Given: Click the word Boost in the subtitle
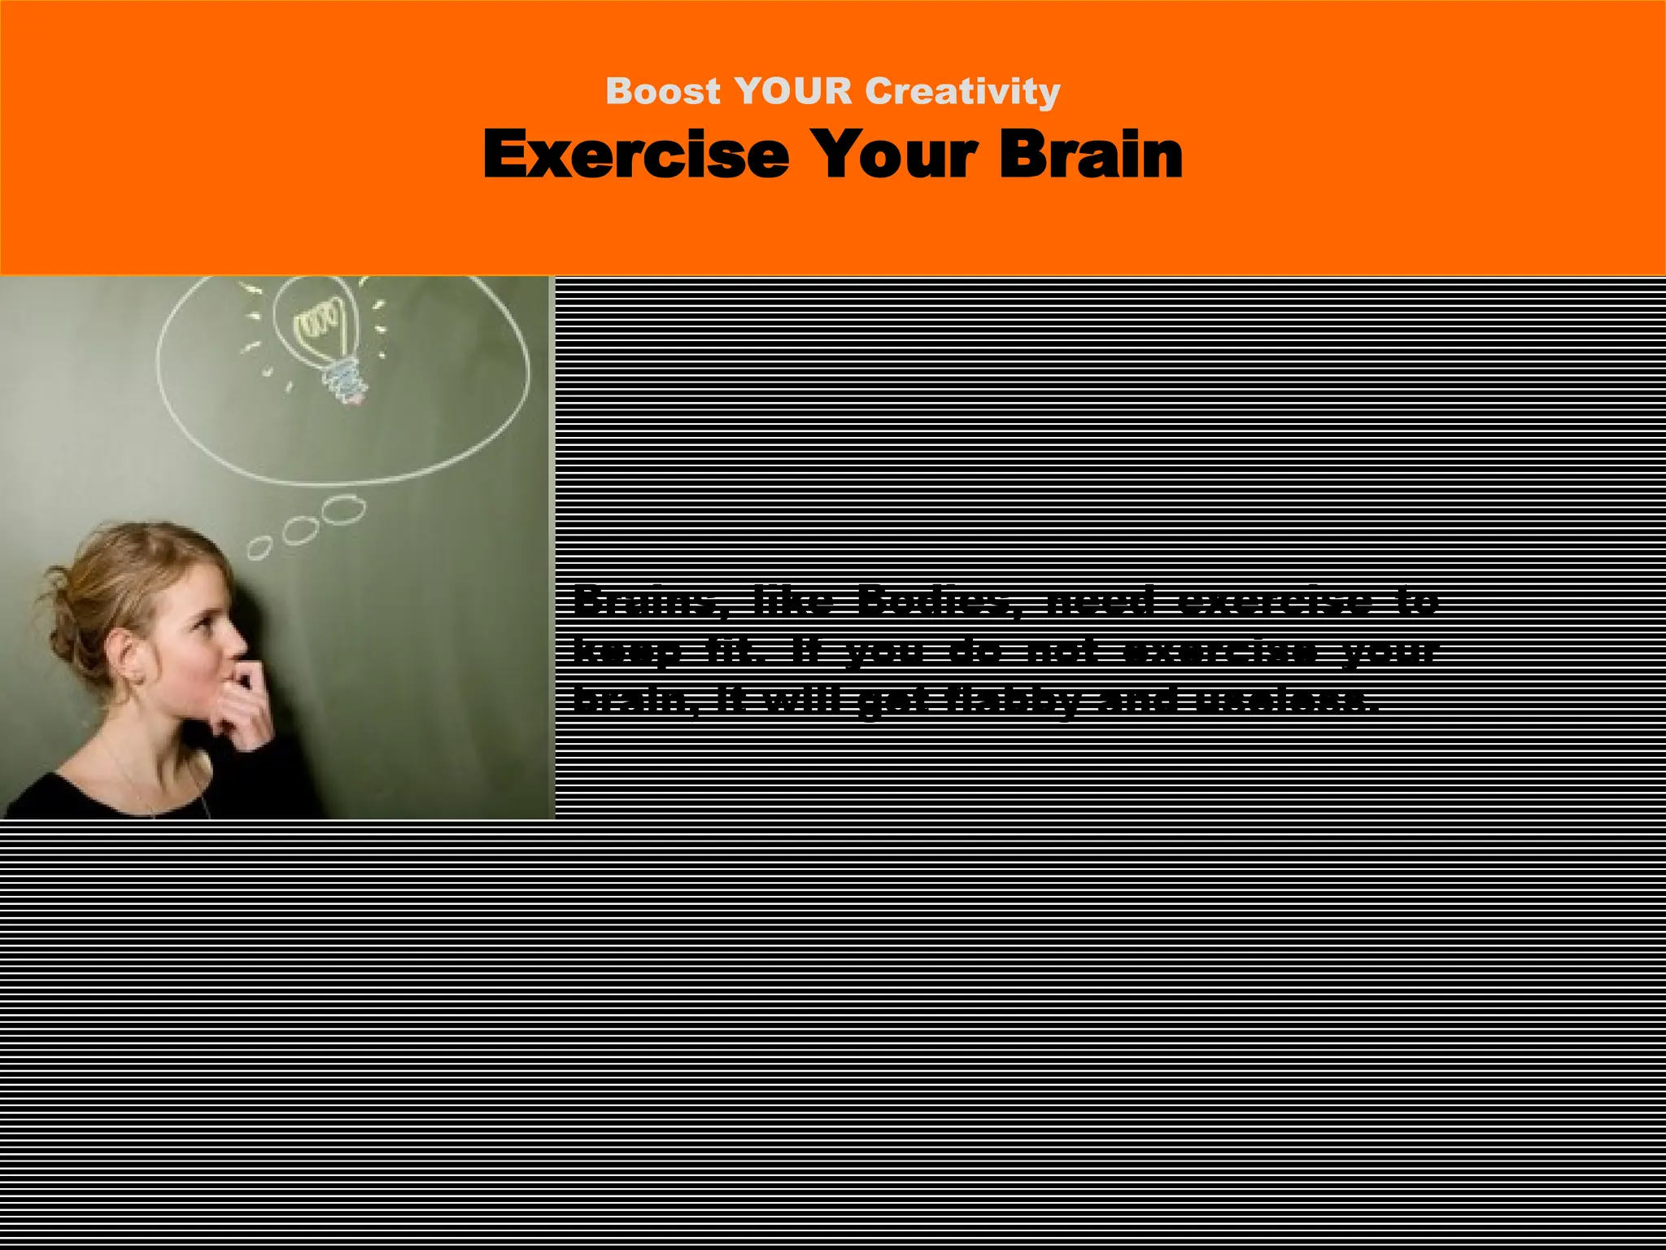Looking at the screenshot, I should [x=663, y=91].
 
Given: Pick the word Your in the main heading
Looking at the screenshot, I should [x=895, y=155].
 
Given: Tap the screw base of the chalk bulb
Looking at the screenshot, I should [x=344, y=379].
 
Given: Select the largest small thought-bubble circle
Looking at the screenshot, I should [x=343, y=510].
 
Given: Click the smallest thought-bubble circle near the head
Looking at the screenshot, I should [x=259, y=548].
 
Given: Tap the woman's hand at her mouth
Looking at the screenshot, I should [x=244, y=700].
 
